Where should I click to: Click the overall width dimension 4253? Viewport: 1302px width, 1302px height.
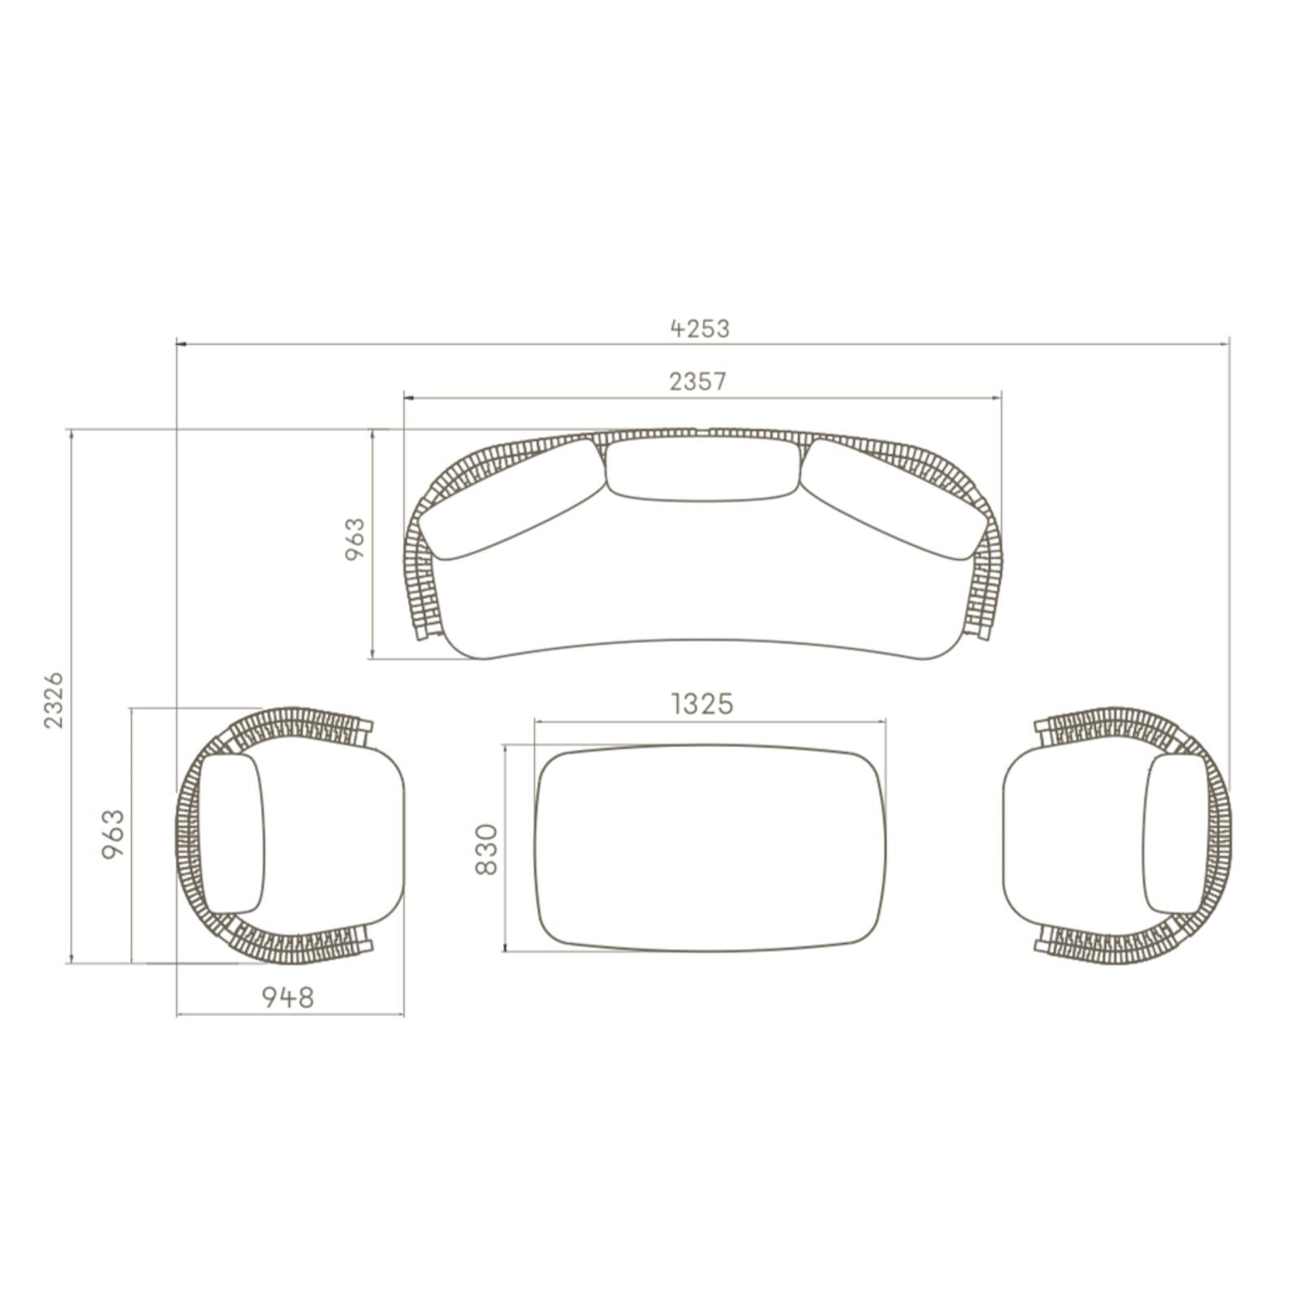tap(700, 328)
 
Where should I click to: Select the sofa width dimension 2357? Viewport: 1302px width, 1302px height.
tap(697, 381)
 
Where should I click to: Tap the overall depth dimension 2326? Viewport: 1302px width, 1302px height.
tap(53, 700)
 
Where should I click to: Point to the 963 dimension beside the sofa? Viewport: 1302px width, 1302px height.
tap(356, 539)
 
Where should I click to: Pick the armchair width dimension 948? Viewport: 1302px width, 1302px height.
tap(287, 996)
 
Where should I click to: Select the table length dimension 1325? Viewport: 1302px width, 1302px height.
tap(702, 703)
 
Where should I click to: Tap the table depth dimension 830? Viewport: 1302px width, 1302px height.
tap(486, 849)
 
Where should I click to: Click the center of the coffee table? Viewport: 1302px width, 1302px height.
tap(710, 848)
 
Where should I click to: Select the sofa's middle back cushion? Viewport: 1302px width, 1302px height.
tap(702, 470)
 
